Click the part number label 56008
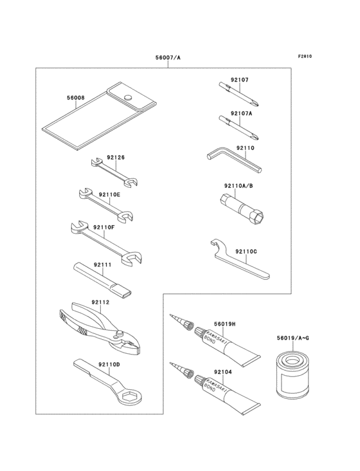76,98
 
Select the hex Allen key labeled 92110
234,160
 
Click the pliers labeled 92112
99,329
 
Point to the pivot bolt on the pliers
120,333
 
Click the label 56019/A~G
292,338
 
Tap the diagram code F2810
305,56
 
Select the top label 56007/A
168,57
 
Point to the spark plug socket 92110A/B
241,207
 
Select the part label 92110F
104,227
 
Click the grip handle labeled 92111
102,279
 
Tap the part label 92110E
109,195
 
